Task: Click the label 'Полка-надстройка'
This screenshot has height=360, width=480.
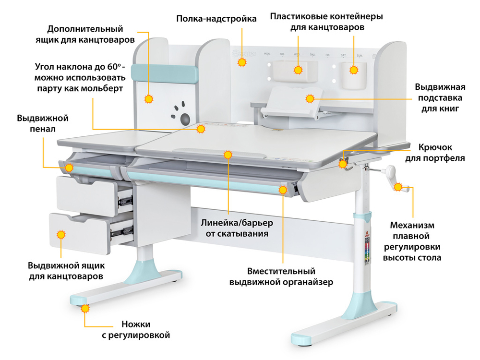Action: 216,19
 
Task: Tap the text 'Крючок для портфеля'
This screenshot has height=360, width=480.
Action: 441,152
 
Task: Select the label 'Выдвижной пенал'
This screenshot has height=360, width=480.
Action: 43,123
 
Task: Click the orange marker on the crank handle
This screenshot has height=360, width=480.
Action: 398,187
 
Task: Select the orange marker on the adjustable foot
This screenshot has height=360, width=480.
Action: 85,309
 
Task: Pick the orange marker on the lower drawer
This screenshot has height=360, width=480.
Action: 61,235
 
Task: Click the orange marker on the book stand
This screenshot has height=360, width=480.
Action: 310,99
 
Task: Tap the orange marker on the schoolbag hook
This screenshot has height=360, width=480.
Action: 343,164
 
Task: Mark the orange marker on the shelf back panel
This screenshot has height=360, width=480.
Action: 242,62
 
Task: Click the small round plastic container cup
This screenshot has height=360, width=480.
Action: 353,75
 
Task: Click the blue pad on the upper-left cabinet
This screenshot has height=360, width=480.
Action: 165,73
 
